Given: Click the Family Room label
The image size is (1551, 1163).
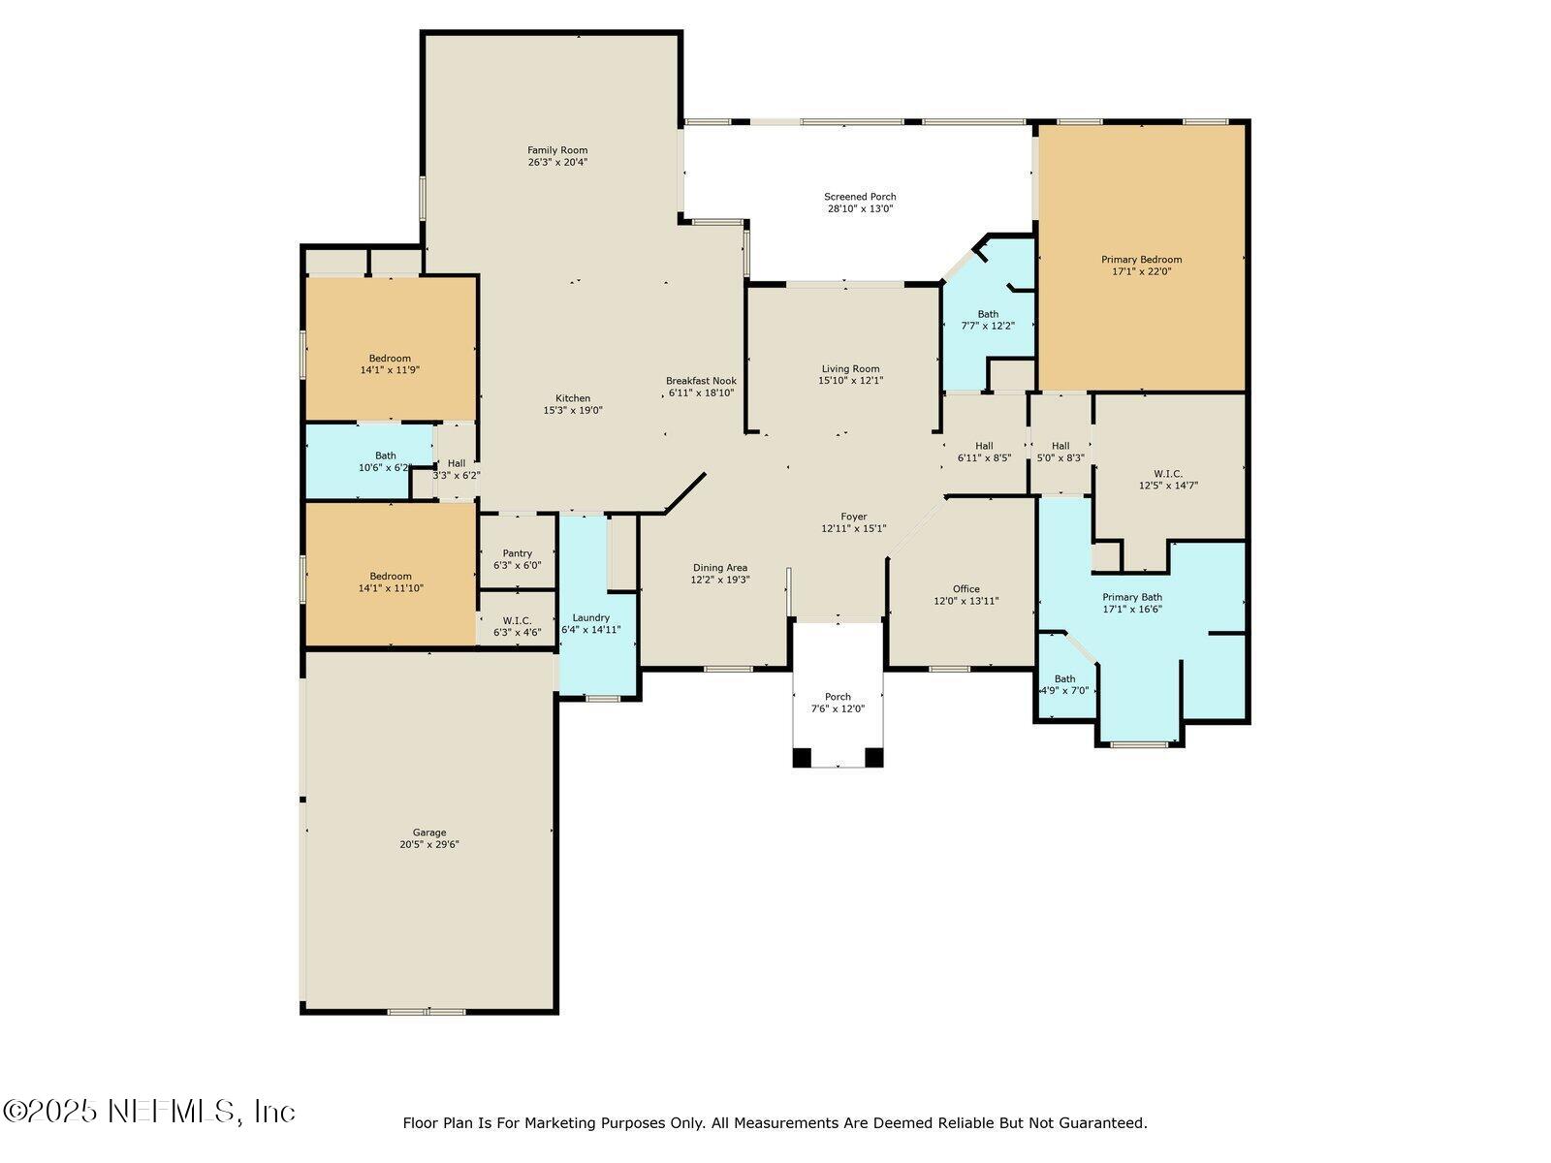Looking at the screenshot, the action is coord(557,150).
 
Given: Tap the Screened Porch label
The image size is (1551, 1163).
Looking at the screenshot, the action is coord(860,197).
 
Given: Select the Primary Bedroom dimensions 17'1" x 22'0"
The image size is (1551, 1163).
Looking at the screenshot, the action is coord(1141,271).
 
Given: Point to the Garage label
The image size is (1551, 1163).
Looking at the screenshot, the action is coord(429,833).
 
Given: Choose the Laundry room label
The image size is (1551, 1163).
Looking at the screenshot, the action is coord(590,618).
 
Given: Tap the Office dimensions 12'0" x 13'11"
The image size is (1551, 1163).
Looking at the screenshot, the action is coord(965,601).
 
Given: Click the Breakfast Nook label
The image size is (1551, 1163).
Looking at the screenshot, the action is coord(701,381).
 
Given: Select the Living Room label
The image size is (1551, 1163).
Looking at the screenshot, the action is coord(851,368).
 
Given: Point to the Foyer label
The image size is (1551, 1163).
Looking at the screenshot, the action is coord(854,517).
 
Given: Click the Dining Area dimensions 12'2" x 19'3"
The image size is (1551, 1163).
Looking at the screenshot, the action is coord(720,580).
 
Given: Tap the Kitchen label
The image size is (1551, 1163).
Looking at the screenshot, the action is coord(572,398).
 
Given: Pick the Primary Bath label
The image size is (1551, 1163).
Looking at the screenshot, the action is coord(1132,597).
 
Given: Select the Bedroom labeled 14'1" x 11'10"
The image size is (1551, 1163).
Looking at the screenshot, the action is coord(390,574).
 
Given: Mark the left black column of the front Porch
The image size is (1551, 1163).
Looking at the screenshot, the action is coord(802,758).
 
